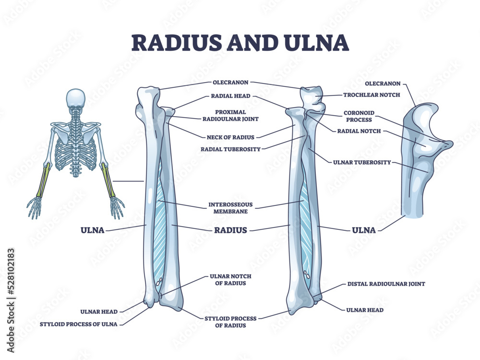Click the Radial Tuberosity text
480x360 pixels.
pos(230,149)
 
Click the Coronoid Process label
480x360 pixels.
pos(359,117)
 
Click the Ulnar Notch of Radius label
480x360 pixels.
pos(230,280)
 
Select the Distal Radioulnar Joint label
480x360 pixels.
pos(385,284)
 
